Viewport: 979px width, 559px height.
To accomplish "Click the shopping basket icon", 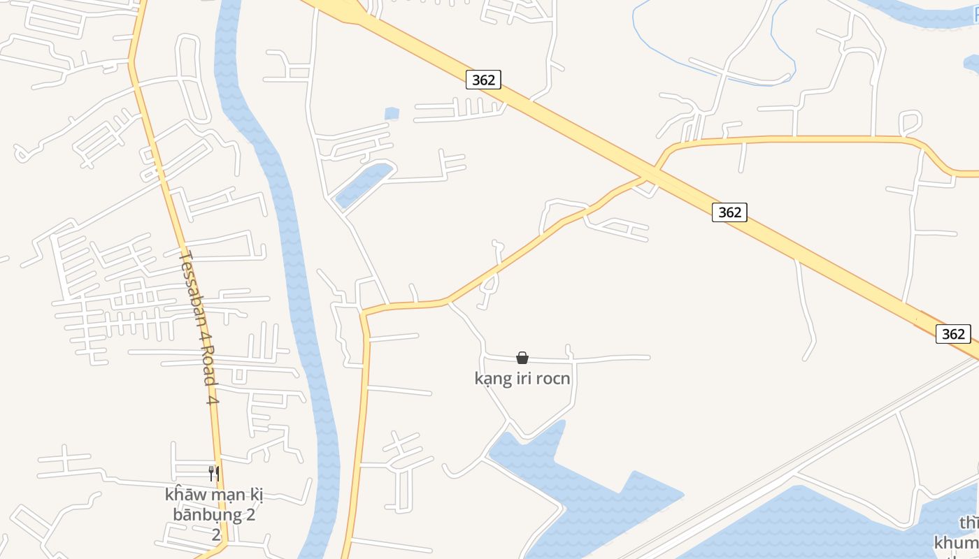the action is [x=522, y=358].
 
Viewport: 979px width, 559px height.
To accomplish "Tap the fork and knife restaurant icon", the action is [x=214, y=473].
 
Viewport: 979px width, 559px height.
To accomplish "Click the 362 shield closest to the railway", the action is [x=953, y=334].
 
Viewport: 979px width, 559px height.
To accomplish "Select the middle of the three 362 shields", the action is [x=729, y=212].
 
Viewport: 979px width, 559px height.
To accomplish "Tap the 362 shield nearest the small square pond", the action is [x=483, y=80].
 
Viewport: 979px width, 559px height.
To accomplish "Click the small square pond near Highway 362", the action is [x=392, y=112].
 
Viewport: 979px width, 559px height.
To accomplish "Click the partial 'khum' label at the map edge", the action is [x=956, y=542].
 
